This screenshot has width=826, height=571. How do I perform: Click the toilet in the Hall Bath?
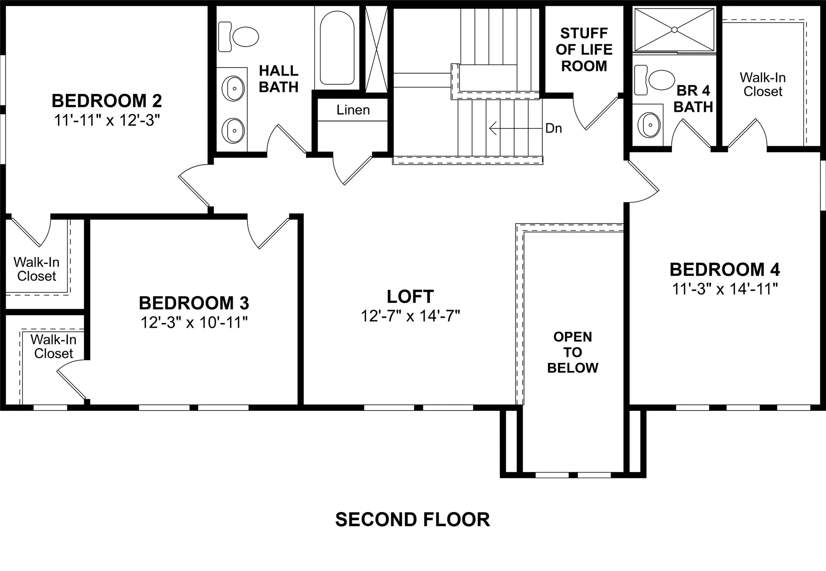coord(239,37)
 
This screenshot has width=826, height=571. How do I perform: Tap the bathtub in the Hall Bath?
coord(337,47)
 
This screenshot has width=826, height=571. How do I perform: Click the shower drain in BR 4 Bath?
coord(674,29)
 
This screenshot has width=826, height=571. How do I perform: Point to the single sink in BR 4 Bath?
coord(649,125)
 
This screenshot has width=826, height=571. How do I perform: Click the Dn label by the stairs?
coord(553,128)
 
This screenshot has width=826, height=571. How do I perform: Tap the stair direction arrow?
coord(515,128)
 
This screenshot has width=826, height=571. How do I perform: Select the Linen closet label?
coord(353,110)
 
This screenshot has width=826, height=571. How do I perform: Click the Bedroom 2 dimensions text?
coord(107,121)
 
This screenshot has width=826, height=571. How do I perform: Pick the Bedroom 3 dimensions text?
coord(194,322)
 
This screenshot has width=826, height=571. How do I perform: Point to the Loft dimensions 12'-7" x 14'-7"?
coord(410,316)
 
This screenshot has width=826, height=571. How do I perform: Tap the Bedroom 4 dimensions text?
coord(725,289)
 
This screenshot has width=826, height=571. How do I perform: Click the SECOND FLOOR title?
coord(413,519)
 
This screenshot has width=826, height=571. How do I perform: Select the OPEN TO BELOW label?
coord(573,352)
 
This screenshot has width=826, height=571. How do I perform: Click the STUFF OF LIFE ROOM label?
coord(584,50)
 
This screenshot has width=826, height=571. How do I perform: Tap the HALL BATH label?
coord(279,79)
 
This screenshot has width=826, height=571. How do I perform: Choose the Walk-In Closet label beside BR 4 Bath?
coord(763,85)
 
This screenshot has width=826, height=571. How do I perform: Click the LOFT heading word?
coord(410,297)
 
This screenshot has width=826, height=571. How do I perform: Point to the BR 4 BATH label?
coord(693,98)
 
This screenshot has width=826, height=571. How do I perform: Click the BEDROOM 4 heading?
coord(725,269)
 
